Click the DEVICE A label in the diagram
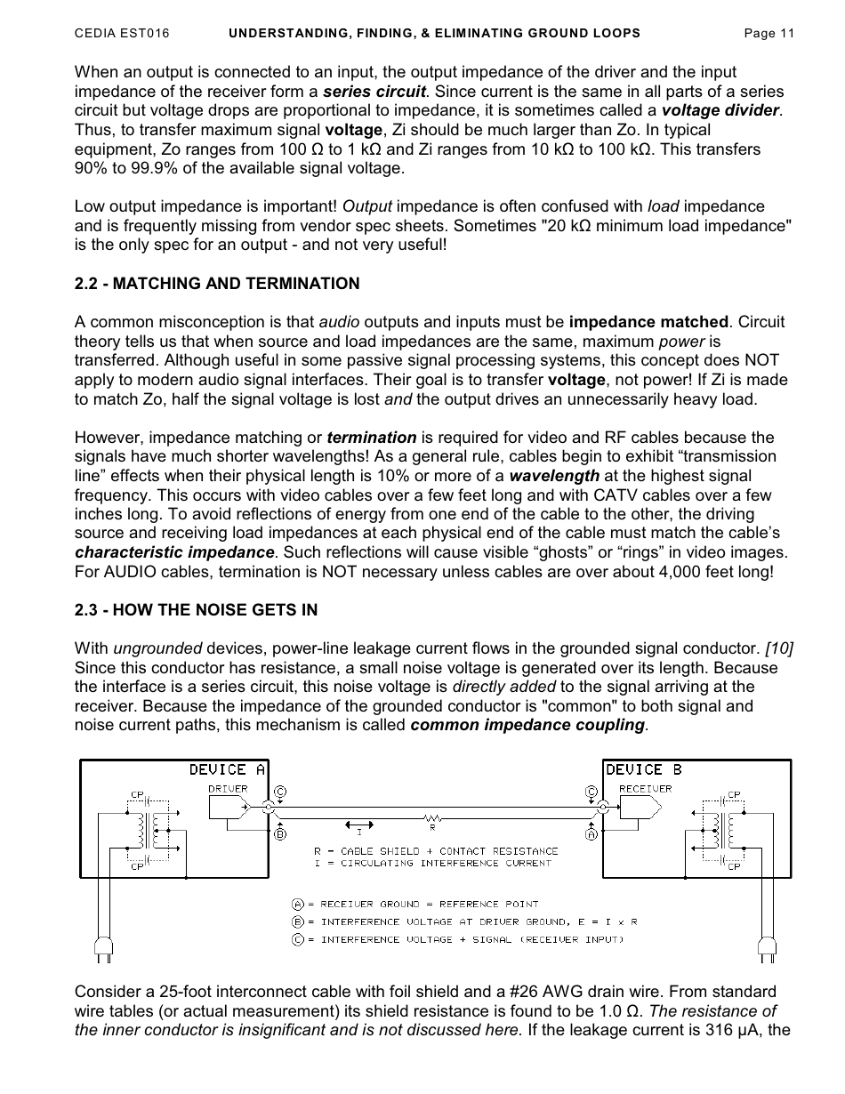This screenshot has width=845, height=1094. coord(227,769)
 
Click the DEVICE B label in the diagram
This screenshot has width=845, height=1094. coord(643,769)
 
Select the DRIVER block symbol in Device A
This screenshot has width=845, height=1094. coord(229,807)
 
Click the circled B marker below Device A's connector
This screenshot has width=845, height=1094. coord(280,834)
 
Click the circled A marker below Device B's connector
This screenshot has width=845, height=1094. coord(591,834)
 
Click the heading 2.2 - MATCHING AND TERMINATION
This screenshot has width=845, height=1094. coord(217,284)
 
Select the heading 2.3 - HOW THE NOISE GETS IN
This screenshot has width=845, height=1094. coord(196,610)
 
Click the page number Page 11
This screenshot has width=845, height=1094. coord(768,34)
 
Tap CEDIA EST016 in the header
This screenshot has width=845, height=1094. coord(121,34)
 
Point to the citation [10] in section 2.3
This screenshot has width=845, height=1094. coord(778,648)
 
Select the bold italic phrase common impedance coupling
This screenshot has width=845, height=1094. coord(528,725)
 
